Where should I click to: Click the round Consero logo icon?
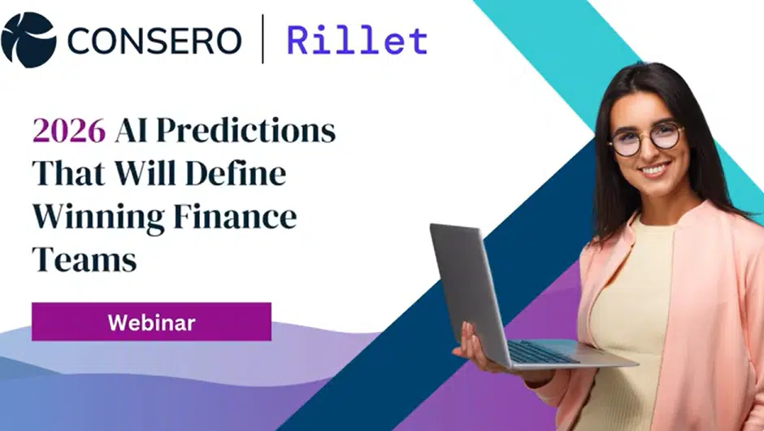(28, 39)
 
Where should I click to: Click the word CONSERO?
(154, 40)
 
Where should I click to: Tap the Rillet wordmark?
(357, 40)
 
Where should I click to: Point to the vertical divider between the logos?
(262, 40)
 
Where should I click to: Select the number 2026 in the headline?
(68, 130)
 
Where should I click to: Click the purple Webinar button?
(151, 322)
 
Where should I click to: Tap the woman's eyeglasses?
(645, 137)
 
